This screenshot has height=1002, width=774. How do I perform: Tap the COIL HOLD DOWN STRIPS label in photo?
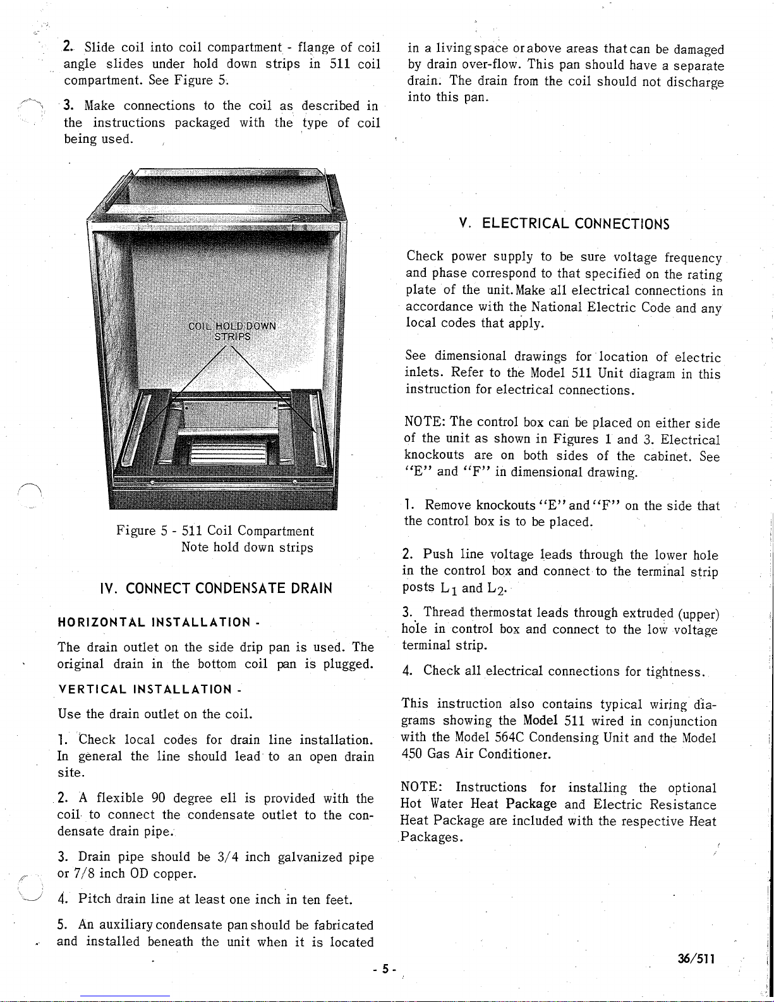233,331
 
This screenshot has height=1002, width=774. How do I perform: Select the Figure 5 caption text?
215,539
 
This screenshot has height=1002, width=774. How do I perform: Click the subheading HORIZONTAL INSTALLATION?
157,623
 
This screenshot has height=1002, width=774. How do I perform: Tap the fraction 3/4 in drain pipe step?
227,857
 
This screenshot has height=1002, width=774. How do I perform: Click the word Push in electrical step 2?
438,555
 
